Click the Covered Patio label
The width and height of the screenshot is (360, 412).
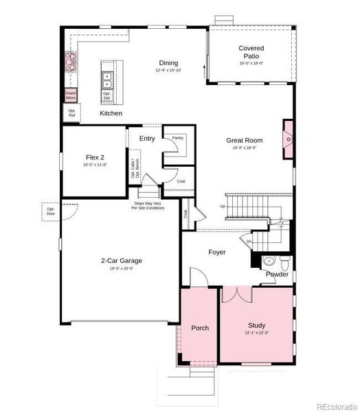[251, 52]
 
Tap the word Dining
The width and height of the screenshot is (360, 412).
[169, 62]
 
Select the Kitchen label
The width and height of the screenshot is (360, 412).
[111, 113]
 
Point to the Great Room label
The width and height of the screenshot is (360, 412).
[241, 140]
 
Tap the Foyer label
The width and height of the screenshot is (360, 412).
[217, 252]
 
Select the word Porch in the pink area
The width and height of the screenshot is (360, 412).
[199, 328]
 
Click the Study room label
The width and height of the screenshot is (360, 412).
[256, 325]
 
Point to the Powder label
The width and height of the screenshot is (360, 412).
[278, 275]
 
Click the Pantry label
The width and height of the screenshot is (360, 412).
[177, 137]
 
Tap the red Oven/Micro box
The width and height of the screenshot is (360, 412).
[70, 95]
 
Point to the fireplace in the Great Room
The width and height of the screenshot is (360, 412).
[289, 138]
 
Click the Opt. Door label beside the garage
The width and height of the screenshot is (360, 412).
[51, 210]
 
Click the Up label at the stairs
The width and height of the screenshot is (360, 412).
[222, 207]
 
